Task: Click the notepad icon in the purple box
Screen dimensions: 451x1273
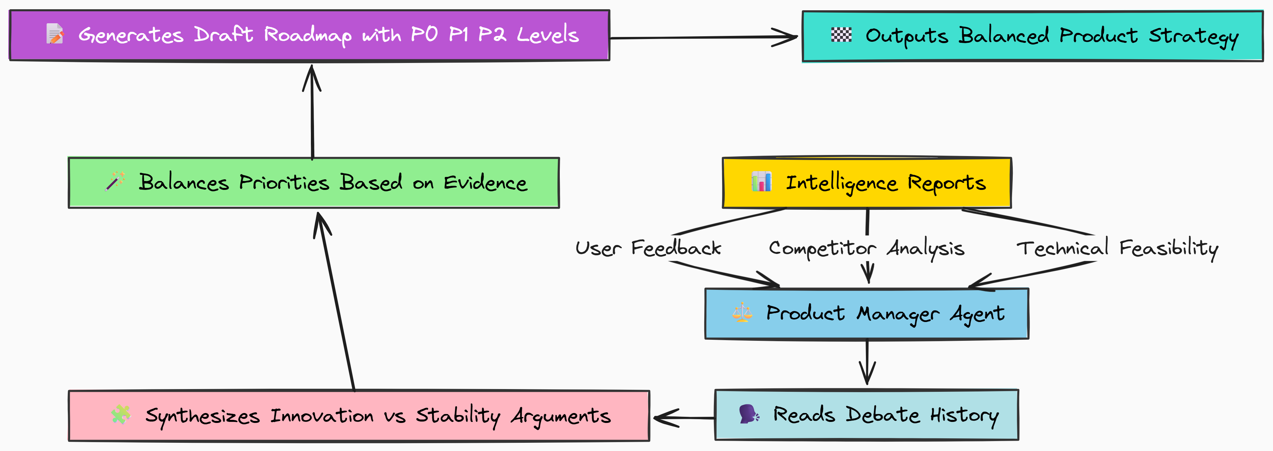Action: (x=54, y=34)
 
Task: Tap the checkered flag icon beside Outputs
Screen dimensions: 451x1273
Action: (x=841, y=35)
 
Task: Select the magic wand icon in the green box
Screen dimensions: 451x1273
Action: (x=115, y=181)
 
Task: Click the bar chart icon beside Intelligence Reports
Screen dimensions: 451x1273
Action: (x=761, y=181)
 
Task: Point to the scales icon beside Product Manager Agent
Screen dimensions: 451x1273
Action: (x=742, y=313)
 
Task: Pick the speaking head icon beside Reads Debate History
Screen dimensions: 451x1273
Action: (x=749, y=414)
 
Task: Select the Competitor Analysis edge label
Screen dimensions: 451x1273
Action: (x=866, y=248)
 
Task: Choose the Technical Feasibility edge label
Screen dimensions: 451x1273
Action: (x=1117, y=248)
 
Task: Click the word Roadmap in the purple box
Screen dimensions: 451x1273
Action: (x=307, y=35)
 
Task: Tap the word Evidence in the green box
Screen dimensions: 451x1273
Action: (x=485, y=182)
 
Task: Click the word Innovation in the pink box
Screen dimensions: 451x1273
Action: (x=322, y=415)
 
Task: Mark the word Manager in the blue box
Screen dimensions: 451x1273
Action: (x=897, y=314)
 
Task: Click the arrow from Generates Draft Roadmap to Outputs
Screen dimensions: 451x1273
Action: (x=702, y=37)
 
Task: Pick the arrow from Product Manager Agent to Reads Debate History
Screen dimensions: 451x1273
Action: (x=867, y=363)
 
